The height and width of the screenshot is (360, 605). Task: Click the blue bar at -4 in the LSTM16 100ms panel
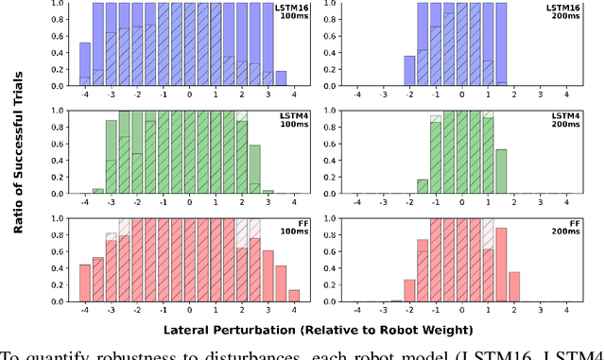(85, 64)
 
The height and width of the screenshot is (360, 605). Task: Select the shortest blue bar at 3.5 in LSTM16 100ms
(281, 78)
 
